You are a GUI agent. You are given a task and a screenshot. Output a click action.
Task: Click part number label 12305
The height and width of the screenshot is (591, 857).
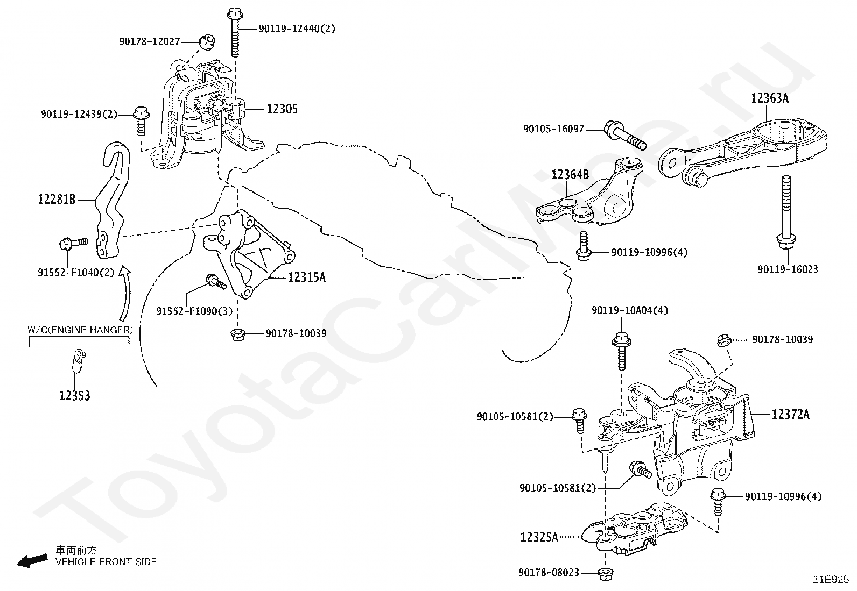pyautogui.click(x=282, y=109)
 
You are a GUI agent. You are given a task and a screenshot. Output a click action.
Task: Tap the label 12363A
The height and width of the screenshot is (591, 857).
pyautogui.click(x=770, y=98)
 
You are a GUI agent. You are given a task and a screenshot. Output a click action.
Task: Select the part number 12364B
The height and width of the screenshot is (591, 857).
pyautogui.click(x=570, y=175)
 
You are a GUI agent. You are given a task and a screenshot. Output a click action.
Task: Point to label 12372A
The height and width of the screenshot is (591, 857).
pyautogui.click(x=790, y=414)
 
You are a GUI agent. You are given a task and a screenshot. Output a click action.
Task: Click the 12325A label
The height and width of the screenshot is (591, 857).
pyautogui.click(x=539, y=537)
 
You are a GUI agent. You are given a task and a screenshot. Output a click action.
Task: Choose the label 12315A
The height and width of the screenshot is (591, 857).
pyautogui.click(x=307, y=277)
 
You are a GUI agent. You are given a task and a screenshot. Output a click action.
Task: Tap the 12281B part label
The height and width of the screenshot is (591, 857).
pyautogui.click(x=57, y=200)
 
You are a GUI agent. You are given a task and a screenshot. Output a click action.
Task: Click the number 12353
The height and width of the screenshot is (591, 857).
pyautogui.click(x=74, y=396)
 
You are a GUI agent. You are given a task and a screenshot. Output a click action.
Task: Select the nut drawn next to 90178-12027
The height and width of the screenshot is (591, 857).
pyautogui.click(x=207, y=40)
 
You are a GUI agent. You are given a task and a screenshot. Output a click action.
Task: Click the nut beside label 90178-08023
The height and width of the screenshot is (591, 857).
pyautogui.click(x=605, y=573)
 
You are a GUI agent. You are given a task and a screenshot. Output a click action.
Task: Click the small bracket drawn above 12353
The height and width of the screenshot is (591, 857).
pyautogui.click(x=78, y=360)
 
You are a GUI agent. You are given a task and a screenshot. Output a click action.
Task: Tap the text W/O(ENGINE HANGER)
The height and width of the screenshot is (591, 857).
pyautogui.click(x=80, y=330)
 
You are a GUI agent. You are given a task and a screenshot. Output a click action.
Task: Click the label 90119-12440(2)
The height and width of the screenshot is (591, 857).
pyautogui.click(x=297, y=29)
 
